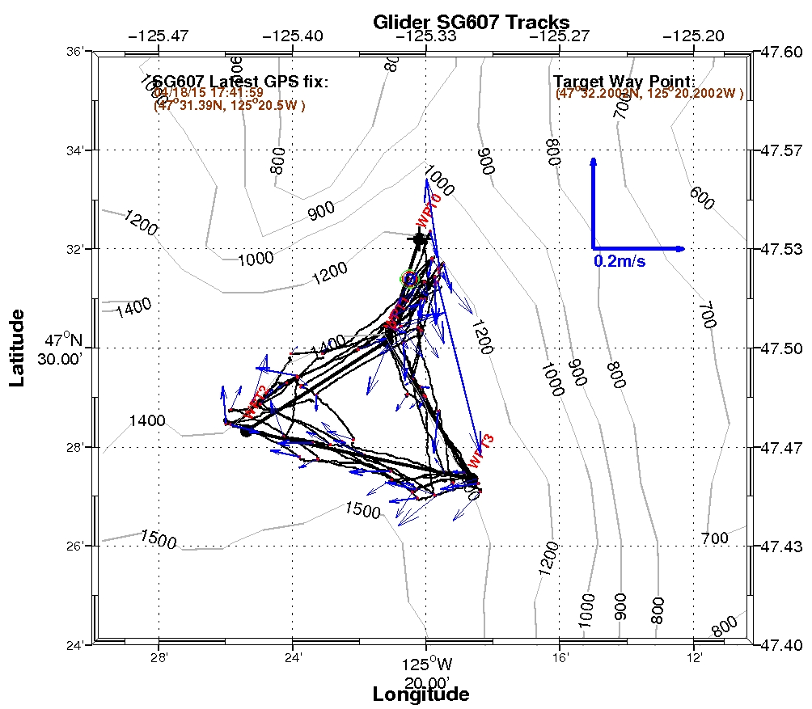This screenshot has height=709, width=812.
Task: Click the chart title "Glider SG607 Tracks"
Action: click(x=471, y=22)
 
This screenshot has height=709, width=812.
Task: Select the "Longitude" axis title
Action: click(x=420, y=694)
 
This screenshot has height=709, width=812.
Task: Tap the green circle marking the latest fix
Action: click(x=410, y=279)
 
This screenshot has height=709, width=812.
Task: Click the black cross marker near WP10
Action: click(x=419, y=238)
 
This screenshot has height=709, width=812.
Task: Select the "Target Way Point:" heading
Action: click(x=624, y=82)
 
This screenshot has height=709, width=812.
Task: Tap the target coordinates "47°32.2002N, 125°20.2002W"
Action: click(x=649, y=94)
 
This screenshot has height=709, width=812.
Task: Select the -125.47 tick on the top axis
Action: click(x=159, y=36)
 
